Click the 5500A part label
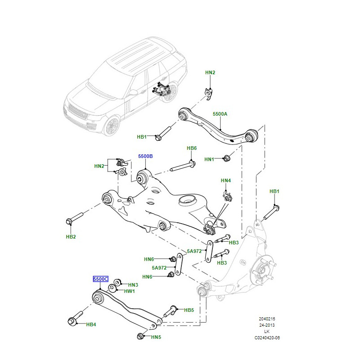[220, 114]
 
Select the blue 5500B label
[145, 156]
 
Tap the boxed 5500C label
[100, 279]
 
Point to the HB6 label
[192, 148]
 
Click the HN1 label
[209, 159]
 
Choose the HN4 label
[225, 180]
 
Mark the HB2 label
[71, 237]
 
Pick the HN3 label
[133, 285]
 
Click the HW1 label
[130, 291]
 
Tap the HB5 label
[189, 310]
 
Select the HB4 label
[91, 324]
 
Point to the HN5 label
[156, 337]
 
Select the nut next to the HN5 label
[140, 336]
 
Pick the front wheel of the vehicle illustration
[111, 126]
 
